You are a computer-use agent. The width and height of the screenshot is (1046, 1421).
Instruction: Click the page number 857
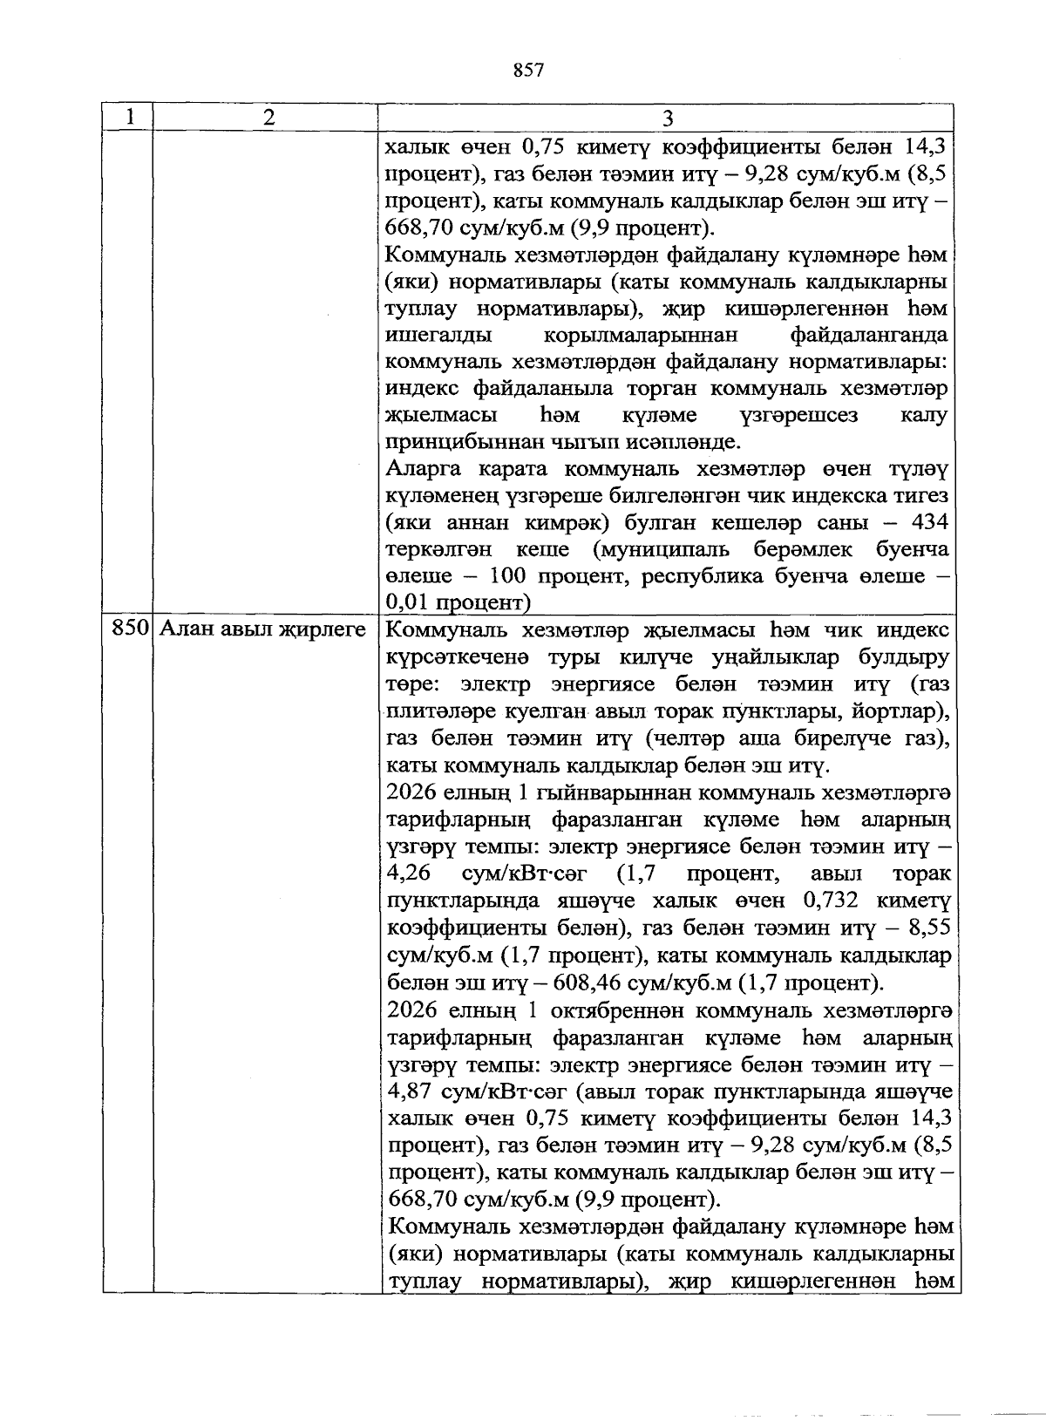[x=529, y=71]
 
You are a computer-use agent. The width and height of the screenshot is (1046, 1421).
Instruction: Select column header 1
[x=129, y=117]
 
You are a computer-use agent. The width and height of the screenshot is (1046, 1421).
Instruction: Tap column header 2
[x=267, y=117]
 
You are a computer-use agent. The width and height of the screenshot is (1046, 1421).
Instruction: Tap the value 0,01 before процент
[x=408, y=602]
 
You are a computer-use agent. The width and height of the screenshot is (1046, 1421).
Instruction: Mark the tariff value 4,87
[x=409, y=1092]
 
